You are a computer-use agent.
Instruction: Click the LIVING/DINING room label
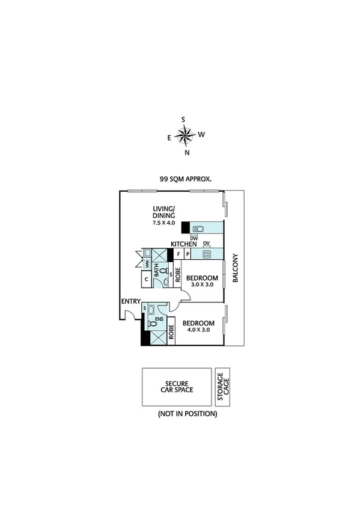click(x=163, y=213)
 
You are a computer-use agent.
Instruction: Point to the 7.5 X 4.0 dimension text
click(x=163, y=223)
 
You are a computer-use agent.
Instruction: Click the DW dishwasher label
click(x=194, y=238)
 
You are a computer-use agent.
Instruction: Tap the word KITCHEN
click(x=184, y=244)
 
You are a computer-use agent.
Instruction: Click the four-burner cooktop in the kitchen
click(x=207, y=254)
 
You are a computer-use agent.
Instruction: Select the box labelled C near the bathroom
click(x=145, y=280)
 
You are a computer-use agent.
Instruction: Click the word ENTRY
click(x=130, y=301)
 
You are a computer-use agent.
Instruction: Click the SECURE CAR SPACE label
click(x=177, y=387)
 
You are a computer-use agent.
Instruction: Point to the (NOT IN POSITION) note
click(x=187, y=414)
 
